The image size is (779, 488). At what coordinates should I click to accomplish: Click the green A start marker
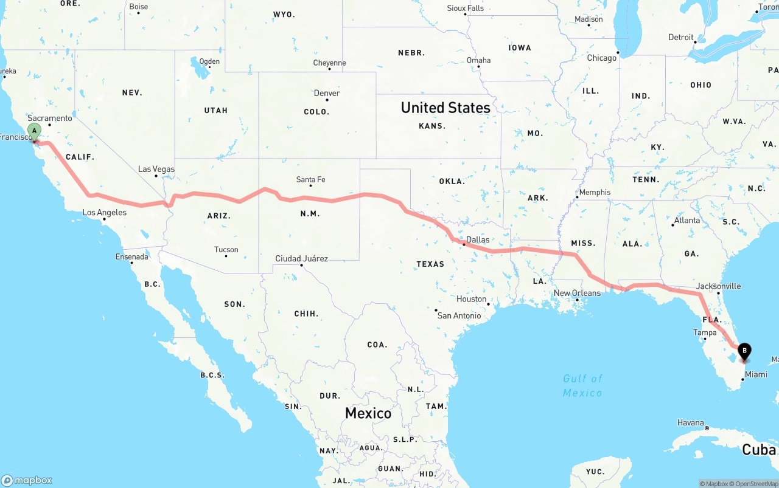coord(35,131)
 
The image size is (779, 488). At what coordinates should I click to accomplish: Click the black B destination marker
coord(744,351)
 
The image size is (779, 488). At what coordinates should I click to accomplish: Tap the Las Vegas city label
coord(156,169)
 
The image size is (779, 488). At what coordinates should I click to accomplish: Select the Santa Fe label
coord(310,179)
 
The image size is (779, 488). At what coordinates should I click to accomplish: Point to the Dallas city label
coord(478,239)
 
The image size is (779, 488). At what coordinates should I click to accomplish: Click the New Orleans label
coord(577,293)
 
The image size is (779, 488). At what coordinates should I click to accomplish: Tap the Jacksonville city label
coord(719,286)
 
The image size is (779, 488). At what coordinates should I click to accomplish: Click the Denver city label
coord(327,93)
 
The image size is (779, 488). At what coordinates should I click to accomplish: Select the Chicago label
coord(601,58)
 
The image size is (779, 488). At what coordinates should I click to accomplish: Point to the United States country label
coord(445,108)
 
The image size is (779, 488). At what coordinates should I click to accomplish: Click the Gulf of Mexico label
coord(582,385)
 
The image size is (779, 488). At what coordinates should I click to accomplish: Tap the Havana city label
coord(691,423)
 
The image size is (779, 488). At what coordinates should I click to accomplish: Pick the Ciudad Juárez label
coord(301,258)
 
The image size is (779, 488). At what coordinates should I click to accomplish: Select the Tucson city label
coord(226,249)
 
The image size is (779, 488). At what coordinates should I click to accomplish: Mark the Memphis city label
coord(595,192)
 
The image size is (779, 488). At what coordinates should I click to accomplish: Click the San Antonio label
coord(459,315)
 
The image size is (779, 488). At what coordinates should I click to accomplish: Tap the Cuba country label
coord(759,450)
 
